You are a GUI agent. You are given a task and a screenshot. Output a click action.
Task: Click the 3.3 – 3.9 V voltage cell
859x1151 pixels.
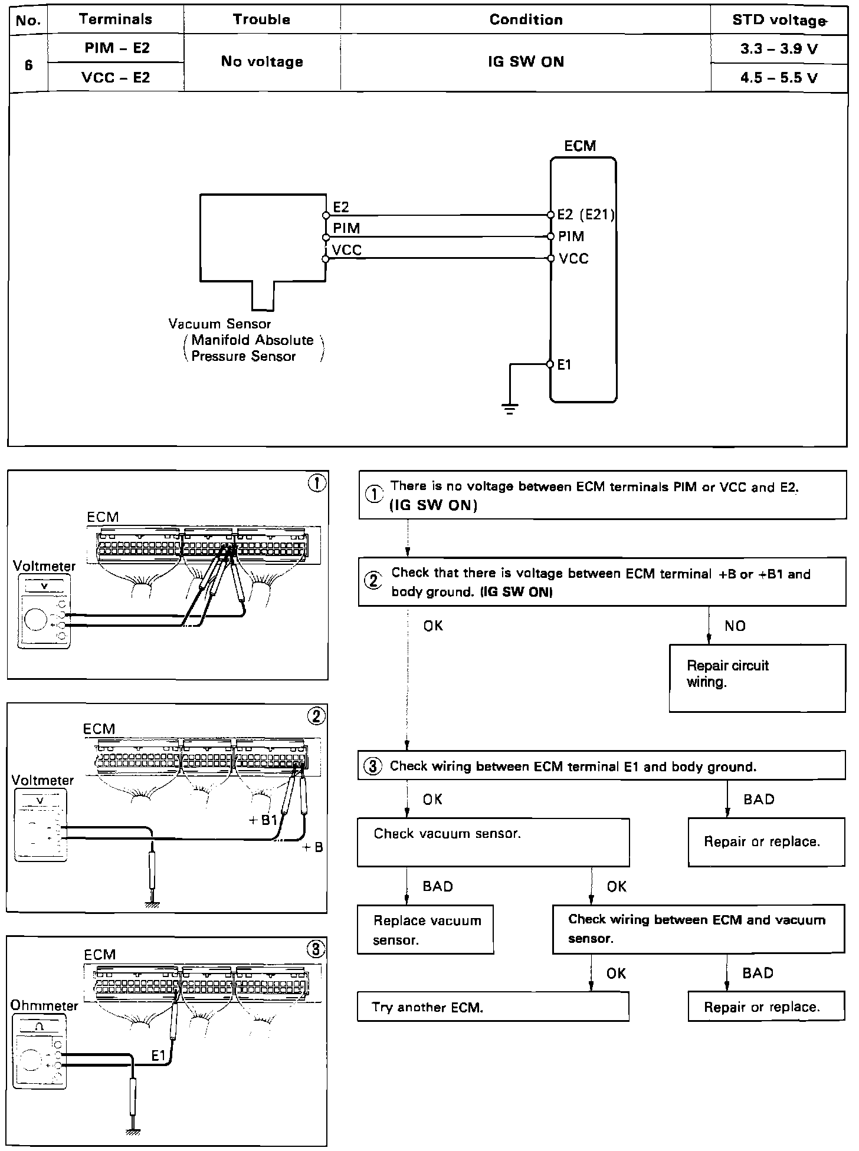[x=779, y=49]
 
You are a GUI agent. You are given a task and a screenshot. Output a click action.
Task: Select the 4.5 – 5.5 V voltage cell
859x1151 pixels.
[x=779, y=78]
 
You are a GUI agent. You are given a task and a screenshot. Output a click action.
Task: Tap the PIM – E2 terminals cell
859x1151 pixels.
[x=117, y=48]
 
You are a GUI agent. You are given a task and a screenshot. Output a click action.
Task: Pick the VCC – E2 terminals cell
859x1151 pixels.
[x=117, y=77]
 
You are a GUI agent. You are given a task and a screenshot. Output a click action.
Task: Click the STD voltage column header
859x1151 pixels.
[x=779, y=20]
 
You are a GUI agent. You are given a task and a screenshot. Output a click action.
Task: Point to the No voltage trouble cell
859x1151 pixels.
[x=262, y=62]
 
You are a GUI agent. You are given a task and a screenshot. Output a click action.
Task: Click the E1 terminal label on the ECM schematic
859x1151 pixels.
[x=565, y=365]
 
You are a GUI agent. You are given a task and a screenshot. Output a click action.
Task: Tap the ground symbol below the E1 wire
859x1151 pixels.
[x=510, y=408]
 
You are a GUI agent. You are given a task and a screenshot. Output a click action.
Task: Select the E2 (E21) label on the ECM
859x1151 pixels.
[x=585, y=215]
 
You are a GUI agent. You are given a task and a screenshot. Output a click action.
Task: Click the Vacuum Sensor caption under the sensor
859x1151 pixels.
[x=219, y=324]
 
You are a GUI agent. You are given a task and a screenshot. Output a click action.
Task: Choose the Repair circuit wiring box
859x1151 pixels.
[x=757, y=678]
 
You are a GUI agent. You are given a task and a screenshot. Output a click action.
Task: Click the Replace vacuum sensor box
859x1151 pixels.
[x=425, y=930]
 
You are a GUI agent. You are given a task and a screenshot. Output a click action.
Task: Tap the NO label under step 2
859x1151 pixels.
[x=735, y=626]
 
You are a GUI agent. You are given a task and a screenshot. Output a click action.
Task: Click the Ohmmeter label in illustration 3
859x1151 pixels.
[x=44, y=1006]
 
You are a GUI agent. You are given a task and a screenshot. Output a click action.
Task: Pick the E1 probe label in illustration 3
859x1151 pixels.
[x=158, y=1056]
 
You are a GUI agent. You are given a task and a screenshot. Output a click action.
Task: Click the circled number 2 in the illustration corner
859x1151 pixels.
[x=316, y=716]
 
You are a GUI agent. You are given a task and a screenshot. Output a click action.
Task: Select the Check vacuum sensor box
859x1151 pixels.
[x=493, y=842]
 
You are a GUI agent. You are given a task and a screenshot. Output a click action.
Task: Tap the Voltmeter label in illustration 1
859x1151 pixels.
[x=44, y=566]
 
